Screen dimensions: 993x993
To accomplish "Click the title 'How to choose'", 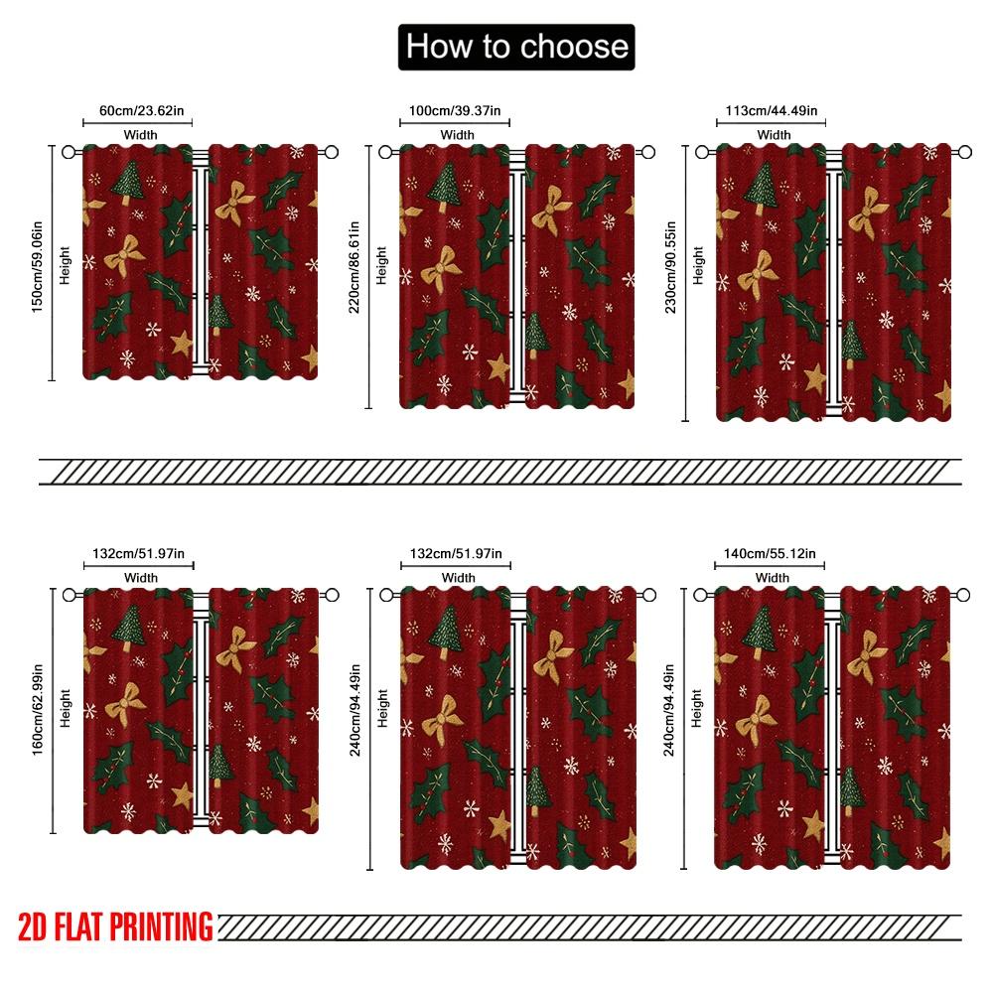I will click(516, 47).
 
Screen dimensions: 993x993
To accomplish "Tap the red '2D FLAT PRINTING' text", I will click(116, 926).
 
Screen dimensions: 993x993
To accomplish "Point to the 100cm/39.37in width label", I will click(455, 111).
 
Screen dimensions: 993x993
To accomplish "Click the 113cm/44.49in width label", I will click(772, 111).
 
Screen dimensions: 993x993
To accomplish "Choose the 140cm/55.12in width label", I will click(771, 554).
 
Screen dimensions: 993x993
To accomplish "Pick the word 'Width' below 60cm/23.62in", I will click(139, 134).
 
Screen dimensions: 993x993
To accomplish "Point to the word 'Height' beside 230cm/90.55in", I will click(698, 265).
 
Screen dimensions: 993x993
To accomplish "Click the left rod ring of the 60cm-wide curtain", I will click(69, 152).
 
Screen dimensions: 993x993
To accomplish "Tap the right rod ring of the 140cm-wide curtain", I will click(963, 595).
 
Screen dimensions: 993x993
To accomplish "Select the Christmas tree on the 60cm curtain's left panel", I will click(127, 182).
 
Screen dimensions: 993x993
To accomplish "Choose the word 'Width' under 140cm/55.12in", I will click(773, 577).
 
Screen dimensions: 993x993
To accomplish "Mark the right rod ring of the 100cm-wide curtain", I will click(648, 152).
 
